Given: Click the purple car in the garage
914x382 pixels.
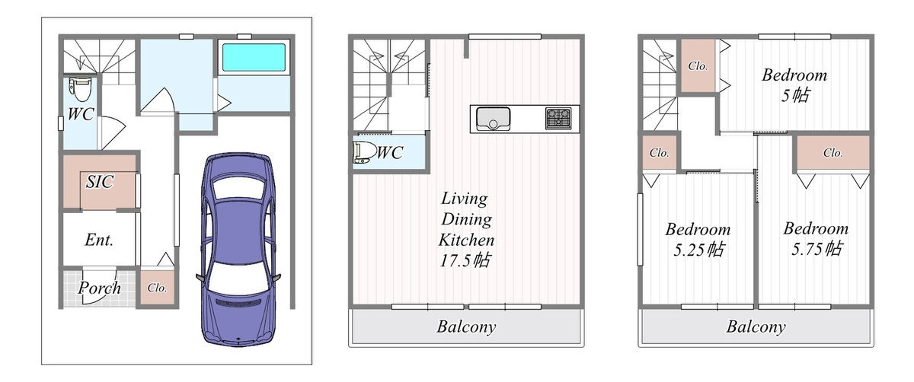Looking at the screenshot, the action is tap(238, 250).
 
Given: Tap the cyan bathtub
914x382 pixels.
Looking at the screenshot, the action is tap(254, 57).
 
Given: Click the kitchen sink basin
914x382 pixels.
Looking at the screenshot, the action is tap(494, 119).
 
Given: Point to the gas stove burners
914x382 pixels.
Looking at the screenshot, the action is tap(558, 118).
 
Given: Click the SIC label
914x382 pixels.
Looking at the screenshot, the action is tap(100, 182).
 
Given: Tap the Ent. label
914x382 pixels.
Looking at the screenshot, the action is tap(99, 240).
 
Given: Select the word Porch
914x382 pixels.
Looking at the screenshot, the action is tap(100, 288).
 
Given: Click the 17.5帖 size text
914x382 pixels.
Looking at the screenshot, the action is tap(465, 260).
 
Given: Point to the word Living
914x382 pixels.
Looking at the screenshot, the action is tap(465, 199).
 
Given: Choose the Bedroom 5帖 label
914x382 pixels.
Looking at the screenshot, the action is tap(794, 85).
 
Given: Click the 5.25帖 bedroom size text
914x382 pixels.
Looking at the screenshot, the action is tap(698, 250).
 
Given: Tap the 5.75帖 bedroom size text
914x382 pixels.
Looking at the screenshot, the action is tap(817, 249).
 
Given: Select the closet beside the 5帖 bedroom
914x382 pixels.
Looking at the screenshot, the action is tap(698, 65).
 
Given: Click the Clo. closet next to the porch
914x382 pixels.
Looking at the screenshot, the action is tap(157, 288).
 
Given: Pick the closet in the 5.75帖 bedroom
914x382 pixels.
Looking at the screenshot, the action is tap(833, 152).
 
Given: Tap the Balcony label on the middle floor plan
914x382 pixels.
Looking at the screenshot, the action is tap(466, 326).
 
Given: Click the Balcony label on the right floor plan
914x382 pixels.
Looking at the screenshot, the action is tap(756, 326).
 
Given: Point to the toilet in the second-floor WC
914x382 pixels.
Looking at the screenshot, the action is tap(364, 152).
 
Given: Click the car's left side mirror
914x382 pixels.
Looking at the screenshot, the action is tap(200, 278).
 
